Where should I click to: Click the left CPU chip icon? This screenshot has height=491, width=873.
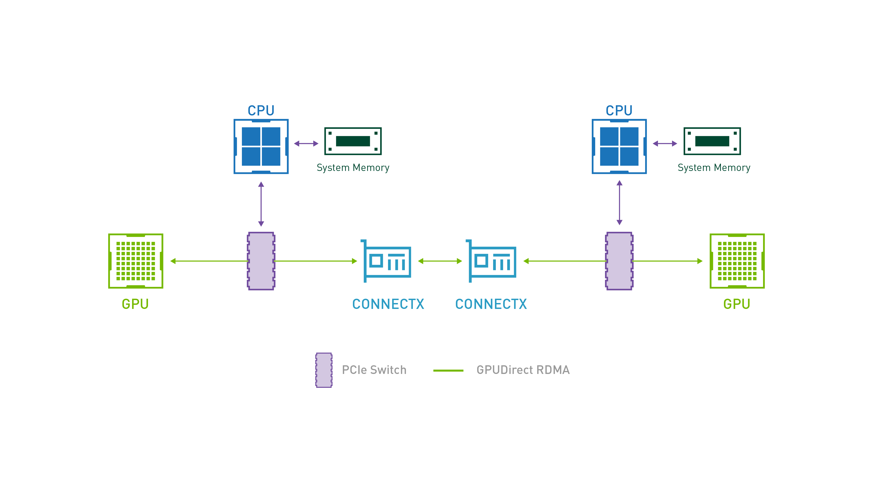(261, 146)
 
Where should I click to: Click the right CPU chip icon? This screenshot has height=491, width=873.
(619, 146)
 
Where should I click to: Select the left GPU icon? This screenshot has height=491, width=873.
(135, 261)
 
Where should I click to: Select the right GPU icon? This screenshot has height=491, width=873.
(737, 261)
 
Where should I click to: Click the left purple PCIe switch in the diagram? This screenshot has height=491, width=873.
(261, 261)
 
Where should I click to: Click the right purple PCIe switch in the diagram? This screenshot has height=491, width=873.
(619, 261)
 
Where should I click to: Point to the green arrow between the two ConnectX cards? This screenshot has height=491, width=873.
(440, 261)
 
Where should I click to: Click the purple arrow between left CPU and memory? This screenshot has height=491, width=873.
(306, 144)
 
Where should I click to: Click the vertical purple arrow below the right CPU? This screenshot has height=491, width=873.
(619, 203)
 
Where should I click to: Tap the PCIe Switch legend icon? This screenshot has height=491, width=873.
(324, 370)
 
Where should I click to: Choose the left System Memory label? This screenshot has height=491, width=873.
(353, 168)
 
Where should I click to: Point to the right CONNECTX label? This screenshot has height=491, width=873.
(491, 304)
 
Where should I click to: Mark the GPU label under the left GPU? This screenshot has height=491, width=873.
(135, 304)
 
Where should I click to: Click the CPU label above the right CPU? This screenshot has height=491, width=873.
(619, 110)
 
